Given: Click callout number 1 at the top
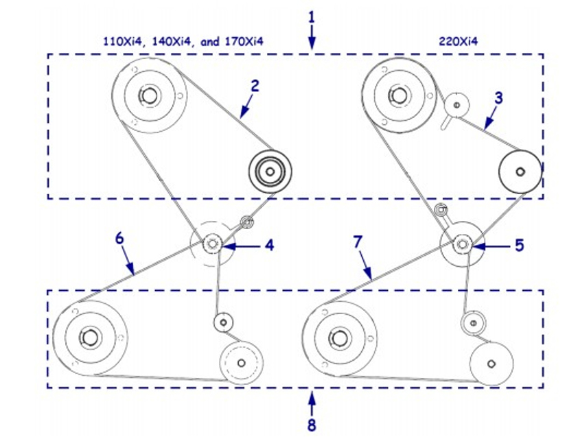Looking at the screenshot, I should coord(311,14).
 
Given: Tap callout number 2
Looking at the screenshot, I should coord(255,86).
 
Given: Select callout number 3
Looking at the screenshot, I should coord(498,98).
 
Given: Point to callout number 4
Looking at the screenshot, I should coord(270,244).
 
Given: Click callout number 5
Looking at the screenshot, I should coord(520,244).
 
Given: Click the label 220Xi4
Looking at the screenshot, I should coord(458,41).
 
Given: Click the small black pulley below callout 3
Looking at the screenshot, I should coord(520,172).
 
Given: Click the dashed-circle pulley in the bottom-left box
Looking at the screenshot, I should coord(240,362).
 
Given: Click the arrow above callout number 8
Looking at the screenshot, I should coord(312,401).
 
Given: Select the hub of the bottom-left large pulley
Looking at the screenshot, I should coord(89,337).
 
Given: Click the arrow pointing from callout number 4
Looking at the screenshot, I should coord(237,245).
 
